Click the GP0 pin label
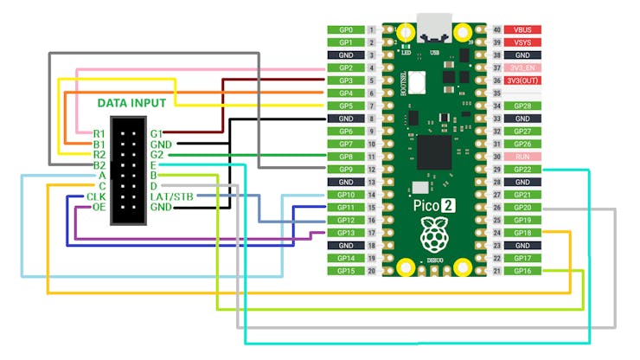[345, 29]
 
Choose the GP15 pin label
[345, 271]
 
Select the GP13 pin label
[345, 233]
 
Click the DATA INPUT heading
[131, 102]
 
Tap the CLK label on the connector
[96, 196]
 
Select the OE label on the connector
[99, 208]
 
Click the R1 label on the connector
[99, 133]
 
